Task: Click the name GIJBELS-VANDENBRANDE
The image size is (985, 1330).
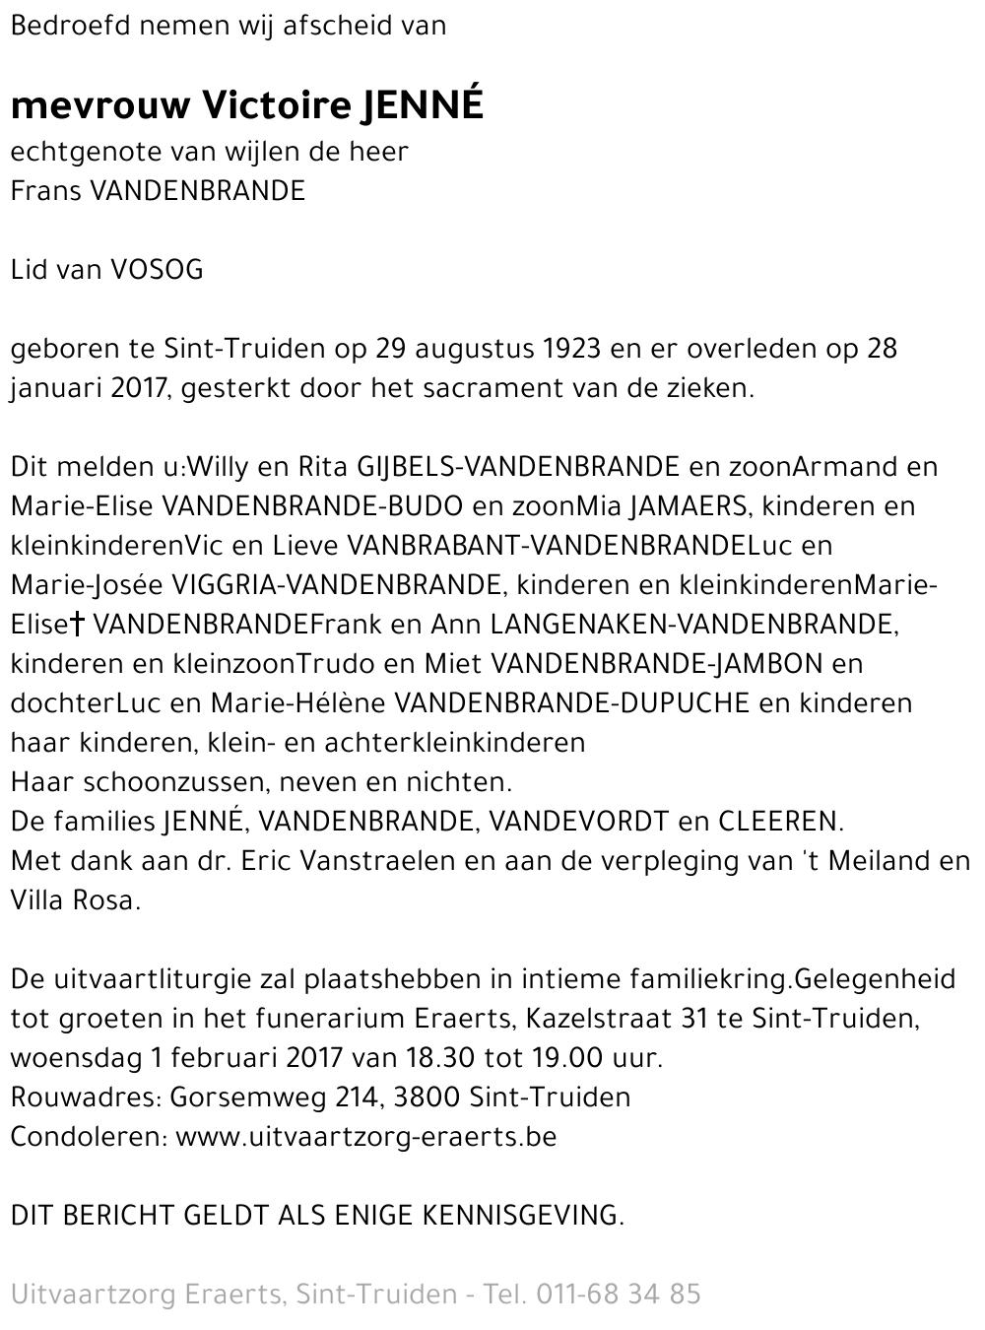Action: [x=518, y=467]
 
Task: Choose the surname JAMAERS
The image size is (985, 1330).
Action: [x=687, y=506]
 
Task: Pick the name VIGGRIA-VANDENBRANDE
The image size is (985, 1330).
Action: [x=336, y=585]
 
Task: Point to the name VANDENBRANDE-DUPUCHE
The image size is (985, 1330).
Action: [x=571, y=703]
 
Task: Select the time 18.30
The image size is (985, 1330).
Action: [x=438, y=1058]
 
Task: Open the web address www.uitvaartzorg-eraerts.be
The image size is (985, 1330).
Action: [x=366, y=1137]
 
